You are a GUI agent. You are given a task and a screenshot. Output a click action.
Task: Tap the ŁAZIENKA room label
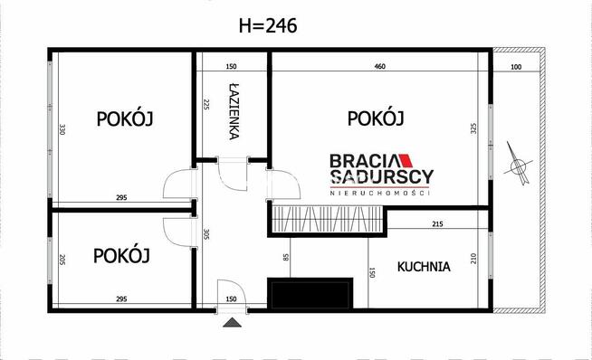click(234, 112)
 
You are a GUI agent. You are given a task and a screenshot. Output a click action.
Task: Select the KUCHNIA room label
click(424, 267)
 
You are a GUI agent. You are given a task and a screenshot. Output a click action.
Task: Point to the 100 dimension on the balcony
click(516, 67)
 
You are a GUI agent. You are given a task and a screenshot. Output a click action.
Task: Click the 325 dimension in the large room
click(473, 129)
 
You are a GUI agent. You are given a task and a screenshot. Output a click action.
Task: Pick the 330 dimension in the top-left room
click(63, 129)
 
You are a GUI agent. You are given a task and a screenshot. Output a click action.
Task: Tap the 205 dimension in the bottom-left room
click(63, 260)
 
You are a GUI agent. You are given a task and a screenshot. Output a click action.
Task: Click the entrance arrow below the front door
click(232, 321)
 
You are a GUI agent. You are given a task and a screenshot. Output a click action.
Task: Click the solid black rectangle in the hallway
click(310, 293)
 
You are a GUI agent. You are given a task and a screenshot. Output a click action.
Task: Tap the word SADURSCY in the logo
click(381, 176)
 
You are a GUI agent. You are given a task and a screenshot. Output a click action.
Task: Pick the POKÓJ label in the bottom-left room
click(121, 256)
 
